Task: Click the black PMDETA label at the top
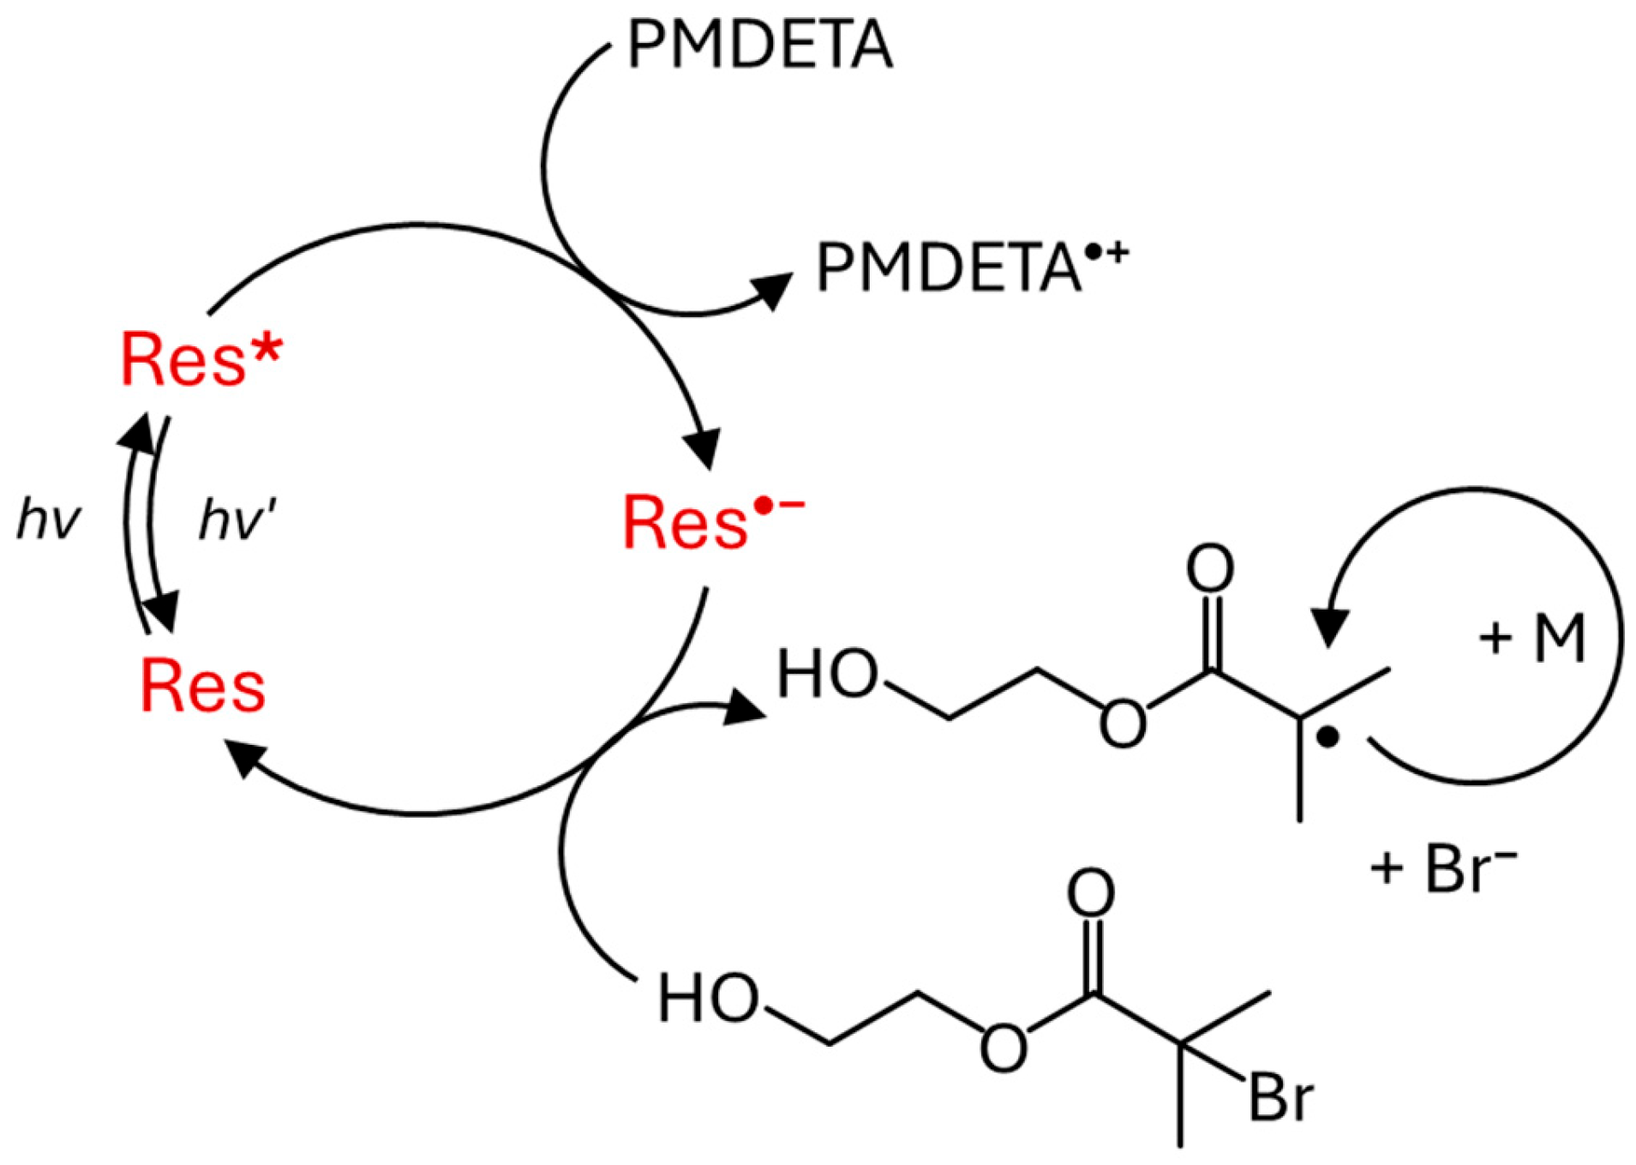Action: (x=759, y=45)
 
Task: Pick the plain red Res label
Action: (x=202, y=686)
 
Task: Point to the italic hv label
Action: (x=49, y=519)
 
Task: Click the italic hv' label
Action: (x=237, y=519)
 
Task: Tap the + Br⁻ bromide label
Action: (x=1443, y=869)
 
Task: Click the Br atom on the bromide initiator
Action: (x=1280, y=1096)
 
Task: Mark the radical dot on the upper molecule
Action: (x=1327, y=737)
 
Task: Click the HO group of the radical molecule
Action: (x=827, y=674)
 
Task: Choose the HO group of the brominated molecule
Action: (x=708, y=999)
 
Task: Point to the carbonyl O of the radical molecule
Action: (x=1209, y=567)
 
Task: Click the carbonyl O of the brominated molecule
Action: (x=1090, y=893)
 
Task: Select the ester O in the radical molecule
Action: (x=1123, y=723)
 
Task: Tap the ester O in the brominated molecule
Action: (x=1003, y=1048)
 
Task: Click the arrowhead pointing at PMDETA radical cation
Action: (x=773, y=290)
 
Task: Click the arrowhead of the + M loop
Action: (x=1329, y=628)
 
